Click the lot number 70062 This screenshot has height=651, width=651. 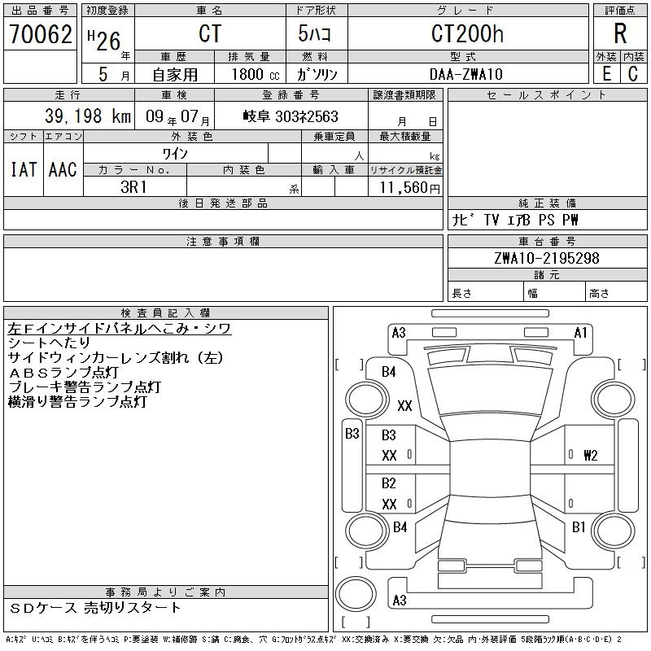tap(40, 34)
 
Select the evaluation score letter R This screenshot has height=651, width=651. tap(620, 34)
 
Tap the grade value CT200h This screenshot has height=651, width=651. tap(467, 34)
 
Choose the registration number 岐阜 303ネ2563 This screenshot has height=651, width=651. tap(291, 116)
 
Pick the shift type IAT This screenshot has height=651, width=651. tap(23, 169)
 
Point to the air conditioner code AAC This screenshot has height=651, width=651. tap(63, 169)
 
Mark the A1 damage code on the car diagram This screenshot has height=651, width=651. tap(580, 332)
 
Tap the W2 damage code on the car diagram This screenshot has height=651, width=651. tap(590, 456)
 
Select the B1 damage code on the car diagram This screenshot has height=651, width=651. tap(579, 527)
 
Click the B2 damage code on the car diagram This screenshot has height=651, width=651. tap(389, 483)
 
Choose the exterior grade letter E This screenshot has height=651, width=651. tap(606, 74)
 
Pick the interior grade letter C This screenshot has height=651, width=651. tap(633, 74)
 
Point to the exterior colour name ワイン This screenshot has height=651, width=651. tap(176, 153)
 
